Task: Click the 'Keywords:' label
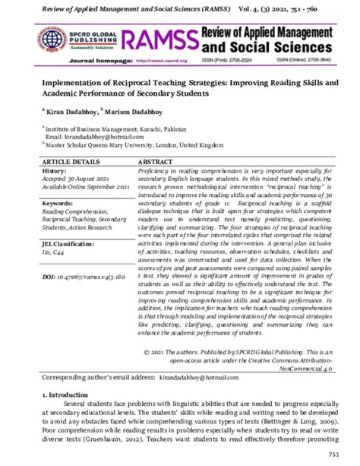point(58,204)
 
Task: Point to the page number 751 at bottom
point(333,454)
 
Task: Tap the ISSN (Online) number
point(300,59)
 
